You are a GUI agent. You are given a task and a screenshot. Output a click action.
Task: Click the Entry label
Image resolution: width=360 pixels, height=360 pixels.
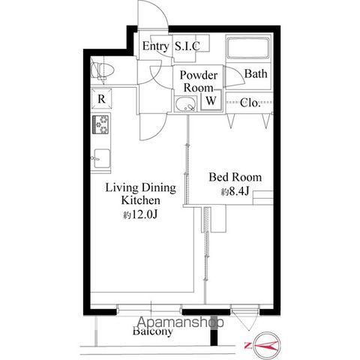(x=155, y=46)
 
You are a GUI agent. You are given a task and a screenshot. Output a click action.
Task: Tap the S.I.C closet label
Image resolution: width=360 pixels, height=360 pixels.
(x=187, y=46)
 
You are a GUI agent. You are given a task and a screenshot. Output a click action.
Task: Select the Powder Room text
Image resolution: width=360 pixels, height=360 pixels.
(x=199, y=81)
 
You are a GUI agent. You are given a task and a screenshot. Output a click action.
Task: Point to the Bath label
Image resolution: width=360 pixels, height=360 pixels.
(x=256, y=73)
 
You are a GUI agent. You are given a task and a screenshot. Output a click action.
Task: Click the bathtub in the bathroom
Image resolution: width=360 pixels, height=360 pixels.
(x=248, y=48)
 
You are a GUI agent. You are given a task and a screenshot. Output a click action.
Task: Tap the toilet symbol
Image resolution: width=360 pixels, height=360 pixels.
(x=102, y=70)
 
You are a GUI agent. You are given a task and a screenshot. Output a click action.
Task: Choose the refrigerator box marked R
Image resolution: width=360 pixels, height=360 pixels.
(x=101, y=99)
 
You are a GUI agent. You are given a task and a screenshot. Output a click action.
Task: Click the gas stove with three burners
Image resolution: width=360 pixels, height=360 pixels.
(x=101, y=124)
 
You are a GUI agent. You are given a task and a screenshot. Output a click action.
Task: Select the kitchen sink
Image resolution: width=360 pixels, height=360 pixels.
(x=101, y=158)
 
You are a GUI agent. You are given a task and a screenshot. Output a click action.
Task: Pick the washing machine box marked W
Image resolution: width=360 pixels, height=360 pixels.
(x=211, y=100)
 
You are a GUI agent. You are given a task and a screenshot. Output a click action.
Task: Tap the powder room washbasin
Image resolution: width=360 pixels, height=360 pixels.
(x=185, y=104)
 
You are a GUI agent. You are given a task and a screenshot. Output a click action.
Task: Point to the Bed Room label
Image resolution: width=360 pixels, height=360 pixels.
(x=235, y=177)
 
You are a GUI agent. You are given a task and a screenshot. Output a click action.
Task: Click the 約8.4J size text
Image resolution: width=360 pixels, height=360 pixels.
(x=235, y=192)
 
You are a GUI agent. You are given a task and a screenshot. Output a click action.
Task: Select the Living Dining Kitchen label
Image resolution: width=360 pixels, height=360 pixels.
(x=141, y=194)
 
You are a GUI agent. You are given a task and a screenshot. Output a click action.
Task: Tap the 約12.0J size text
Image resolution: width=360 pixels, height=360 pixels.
(x=140, y=214)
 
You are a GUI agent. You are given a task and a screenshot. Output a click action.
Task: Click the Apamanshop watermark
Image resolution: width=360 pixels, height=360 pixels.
(x=181, y=322)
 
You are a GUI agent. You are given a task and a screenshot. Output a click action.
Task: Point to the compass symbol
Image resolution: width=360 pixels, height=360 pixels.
(x=266, y=346)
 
